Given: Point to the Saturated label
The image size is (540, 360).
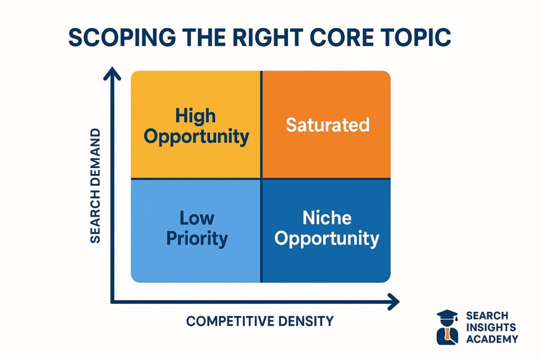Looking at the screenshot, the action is tap(327, 125).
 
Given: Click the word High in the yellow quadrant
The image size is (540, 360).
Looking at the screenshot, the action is tap(196, 116).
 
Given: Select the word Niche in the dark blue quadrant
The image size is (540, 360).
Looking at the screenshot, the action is tap(327, 218).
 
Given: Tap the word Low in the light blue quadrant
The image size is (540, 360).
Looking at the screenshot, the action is tap(197, 218).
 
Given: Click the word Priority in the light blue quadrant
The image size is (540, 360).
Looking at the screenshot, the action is tap(197, 239).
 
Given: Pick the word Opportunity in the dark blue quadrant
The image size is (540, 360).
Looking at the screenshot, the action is tap(327, 239).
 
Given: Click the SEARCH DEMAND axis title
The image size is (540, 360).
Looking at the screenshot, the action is tap(95, 186).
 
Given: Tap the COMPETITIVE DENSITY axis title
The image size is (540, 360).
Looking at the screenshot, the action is tap(260, 321).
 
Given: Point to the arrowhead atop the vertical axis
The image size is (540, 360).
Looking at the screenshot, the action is tap(112, 73).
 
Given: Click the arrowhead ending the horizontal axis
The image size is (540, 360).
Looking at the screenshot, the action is tap(393, 302).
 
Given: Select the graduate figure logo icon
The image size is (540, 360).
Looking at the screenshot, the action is tap(447, 327).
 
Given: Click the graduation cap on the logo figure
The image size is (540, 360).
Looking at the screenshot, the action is tap(447, 315).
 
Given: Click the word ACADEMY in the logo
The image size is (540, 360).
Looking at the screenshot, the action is tap(492, 339).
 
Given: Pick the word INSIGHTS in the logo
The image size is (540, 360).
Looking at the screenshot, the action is tap(491, 327).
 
